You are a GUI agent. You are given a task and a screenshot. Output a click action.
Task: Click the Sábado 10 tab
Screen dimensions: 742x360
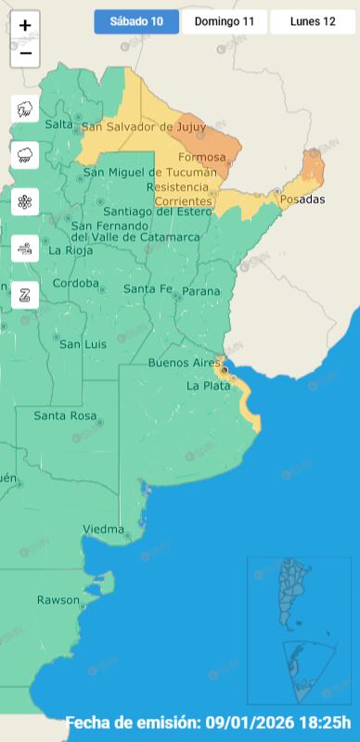coord(136,21)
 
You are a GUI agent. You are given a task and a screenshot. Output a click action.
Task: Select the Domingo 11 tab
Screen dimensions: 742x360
coord(225,21)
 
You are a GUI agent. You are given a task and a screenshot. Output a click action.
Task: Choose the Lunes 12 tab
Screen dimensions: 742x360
coord(313,21)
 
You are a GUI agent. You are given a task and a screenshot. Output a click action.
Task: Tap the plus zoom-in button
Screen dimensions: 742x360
coord(25,26)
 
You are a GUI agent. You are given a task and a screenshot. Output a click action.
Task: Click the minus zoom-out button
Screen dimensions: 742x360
coord(25,54)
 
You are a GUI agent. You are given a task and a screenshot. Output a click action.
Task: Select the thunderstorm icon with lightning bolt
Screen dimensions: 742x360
coord(25,109)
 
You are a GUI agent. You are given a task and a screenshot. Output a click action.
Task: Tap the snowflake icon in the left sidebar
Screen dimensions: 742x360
coord(25,201)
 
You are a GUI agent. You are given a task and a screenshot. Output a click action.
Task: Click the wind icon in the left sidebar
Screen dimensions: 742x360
coord(25,248)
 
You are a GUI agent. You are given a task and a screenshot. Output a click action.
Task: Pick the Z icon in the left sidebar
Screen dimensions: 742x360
coord(25,294)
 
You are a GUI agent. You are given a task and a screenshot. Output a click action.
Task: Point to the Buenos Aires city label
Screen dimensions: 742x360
coord(185,362)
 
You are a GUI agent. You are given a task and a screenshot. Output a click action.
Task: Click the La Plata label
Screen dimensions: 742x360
coord(208,385)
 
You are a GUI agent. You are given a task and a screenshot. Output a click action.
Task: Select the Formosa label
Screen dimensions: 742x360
coord(201,157)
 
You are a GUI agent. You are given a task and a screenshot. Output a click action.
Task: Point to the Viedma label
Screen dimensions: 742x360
coord(103,529)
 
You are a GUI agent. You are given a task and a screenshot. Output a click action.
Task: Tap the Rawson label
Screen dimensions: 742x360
coord(58,600)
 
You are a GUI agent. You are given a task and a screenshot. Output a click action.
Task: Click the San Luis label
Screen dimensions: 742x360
coord(83,344)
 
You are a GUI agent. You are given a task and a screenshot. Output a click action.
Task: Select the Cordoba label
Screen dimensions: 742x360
coord(75,283)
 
